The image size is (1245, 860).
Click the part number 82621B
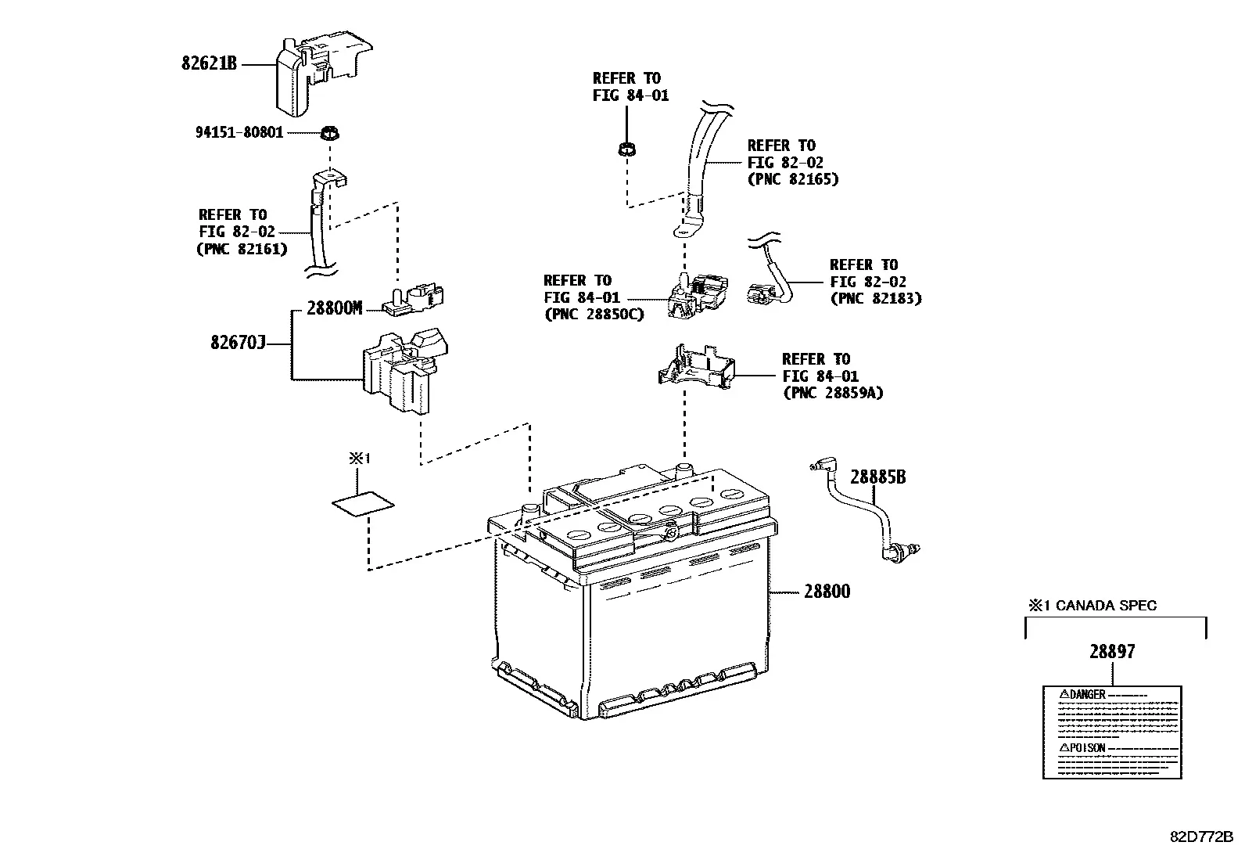coord(209,63)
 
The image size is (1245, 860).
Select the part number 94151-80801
coord(239,132)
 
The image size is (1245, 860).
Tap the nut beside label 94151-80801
coord(329,134)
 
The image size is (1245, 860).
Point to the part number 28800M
coord(335,308)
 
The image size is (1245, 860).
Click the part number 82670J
coord(238,342)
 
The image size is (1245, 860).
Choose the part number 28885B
coord(877,477)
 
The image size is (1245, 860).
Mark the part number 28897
coord(1112,651)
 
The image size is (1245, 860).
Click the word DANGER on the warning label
coord(1087,694)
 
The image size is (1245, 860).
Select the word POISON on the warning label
coord(1087,748)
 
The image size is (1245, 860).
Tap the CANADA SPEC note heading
coord(1093,605)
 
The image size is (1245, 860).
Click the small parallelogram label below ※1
coord(363,504)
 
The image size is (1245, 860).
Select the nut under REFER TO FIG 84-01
coord(627,149)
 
